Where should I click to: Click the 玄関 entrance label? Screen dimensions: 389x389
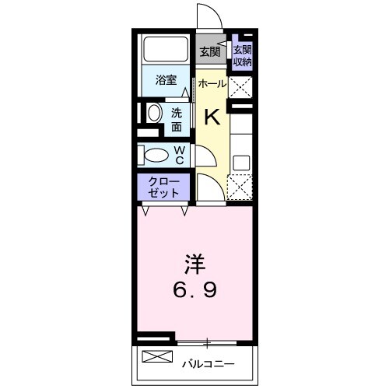point(209,53)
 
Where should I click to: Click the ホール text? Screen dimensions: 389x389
point(212,83)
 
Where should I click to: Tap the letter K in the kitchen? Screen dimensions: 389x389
point(212,117)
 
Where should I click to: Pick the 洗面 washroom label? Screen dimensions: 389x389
point(177,118)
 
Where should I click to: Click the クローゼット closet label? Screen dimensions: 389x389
point(164,187)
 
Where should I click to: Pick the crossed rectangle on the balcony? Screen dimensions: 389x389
point(157,359)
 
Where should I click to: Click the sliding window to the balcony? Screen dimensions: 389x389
point(209,342)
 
